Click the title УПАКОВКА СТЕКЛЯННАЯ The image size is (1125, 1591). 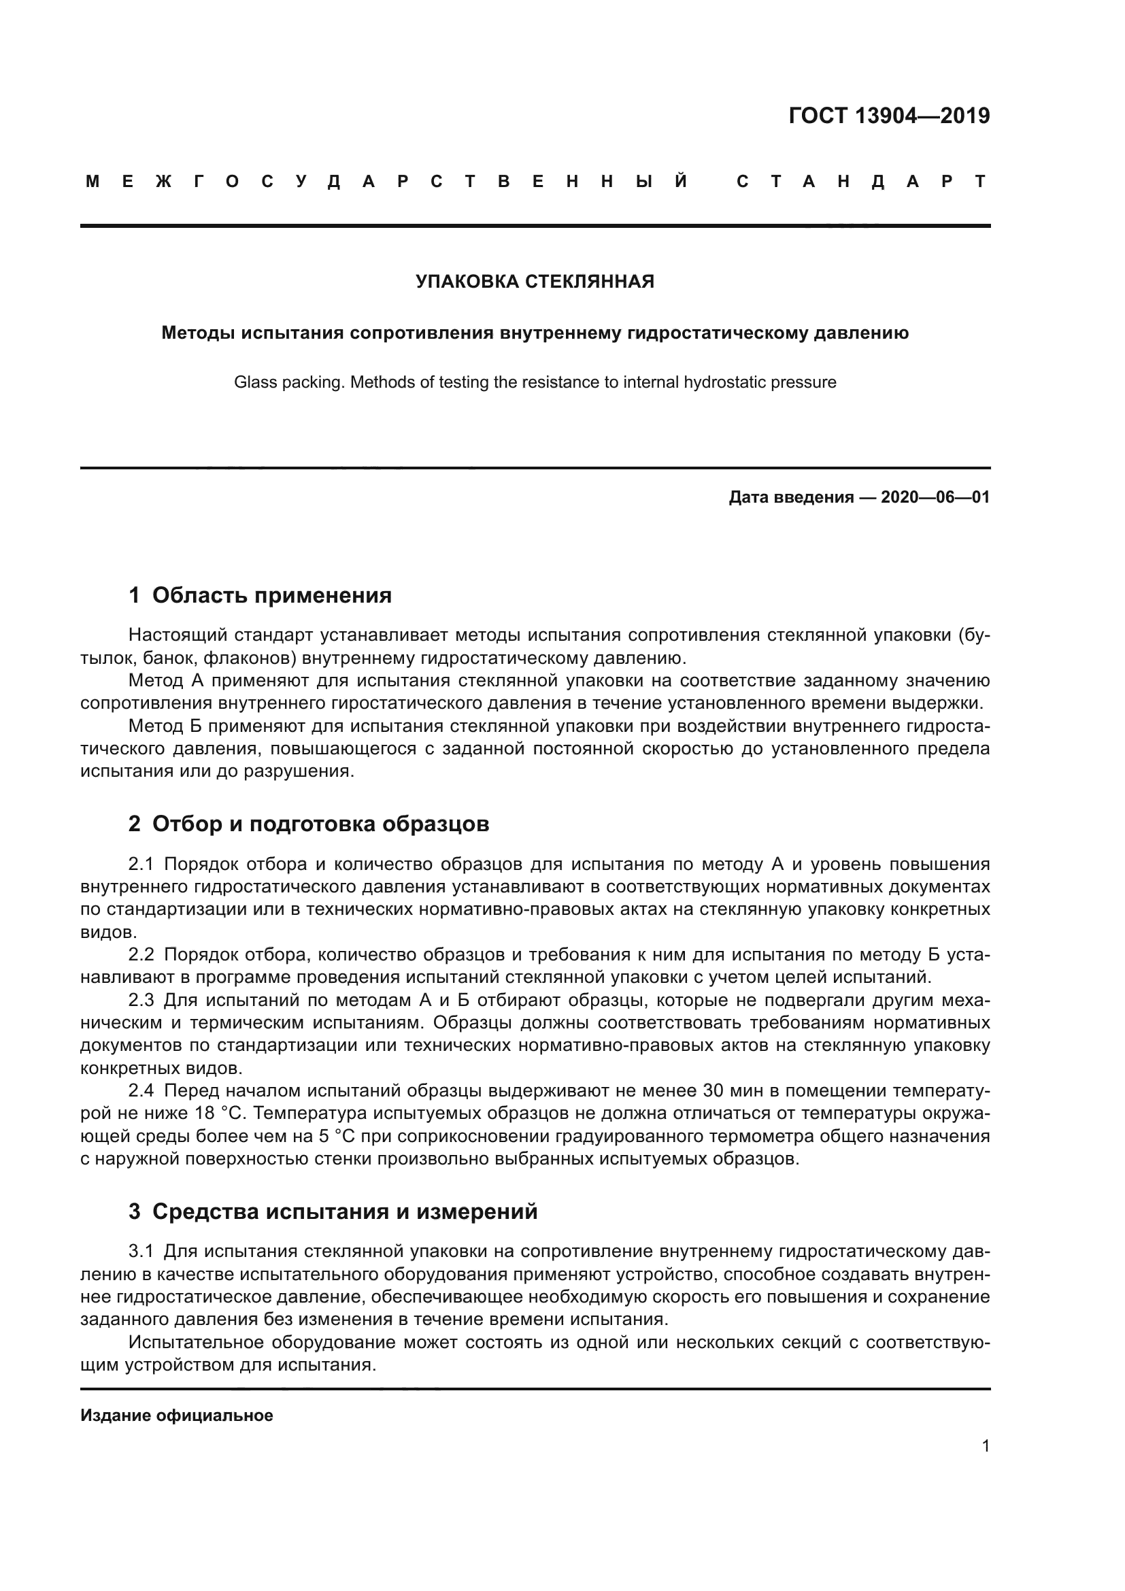[535, 282]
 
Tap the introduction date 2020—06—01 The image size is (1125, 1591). [935, 497]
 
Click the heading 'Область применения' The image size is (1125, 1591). [271, 595]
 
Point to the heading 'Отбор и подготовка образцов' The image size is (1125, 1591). [321, 824]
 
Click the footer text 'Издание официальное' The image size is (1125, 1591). [177, 1416]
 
